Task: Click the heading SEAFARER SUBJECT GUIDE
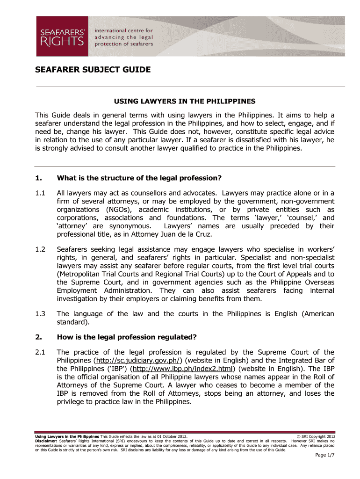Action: [x=94, y=70]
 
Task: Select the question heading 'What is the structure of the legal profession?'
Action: [x=138, y=178]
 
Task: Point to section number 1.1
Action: [x=40, y=192]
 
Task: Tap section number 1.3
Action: [x=40, y=314]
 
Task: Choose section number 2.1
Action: [x=40, y=352]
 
